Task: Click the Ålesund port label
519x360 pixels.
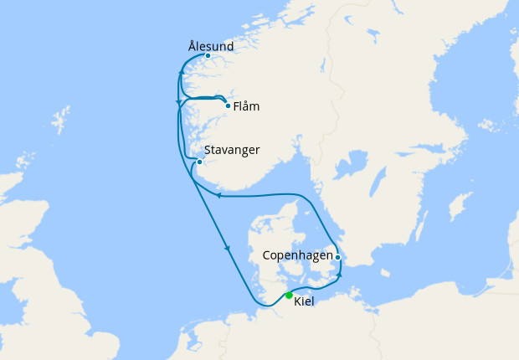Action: click(x=211, y=45)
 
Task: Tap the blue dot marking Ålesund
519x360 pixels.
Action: click(x=208, y=56)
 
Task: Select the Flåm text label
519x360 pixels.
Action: click(x=247, y=106)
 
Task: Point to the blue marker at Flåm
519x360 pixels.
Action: click(x=228, y=105)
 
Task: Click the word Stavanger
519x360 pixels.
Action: click(x=231, y=150)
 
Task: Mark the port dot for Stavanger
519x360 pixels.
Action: click(x=199, y=162)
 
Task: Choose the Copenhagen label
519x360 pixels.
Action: click(x=297, y=255)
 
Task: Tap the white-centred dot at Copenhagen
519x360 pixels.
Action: click(x=337, y=258)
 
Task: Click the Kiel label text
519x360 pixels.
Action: click(x=304, y=301)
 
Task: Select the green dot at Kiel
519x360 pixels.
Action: click(x=289, y=295)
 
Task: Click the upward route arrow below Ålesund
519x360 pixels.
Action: click(x=182, y=76)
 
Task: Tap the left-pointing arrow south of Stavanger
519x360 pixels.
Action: click(x=218, y=195)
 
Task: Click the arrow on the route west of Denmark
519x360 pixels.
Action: click(x=227, y=248)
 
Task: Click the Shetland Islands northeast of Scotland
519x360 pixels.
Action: click(x=59, y=120)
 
